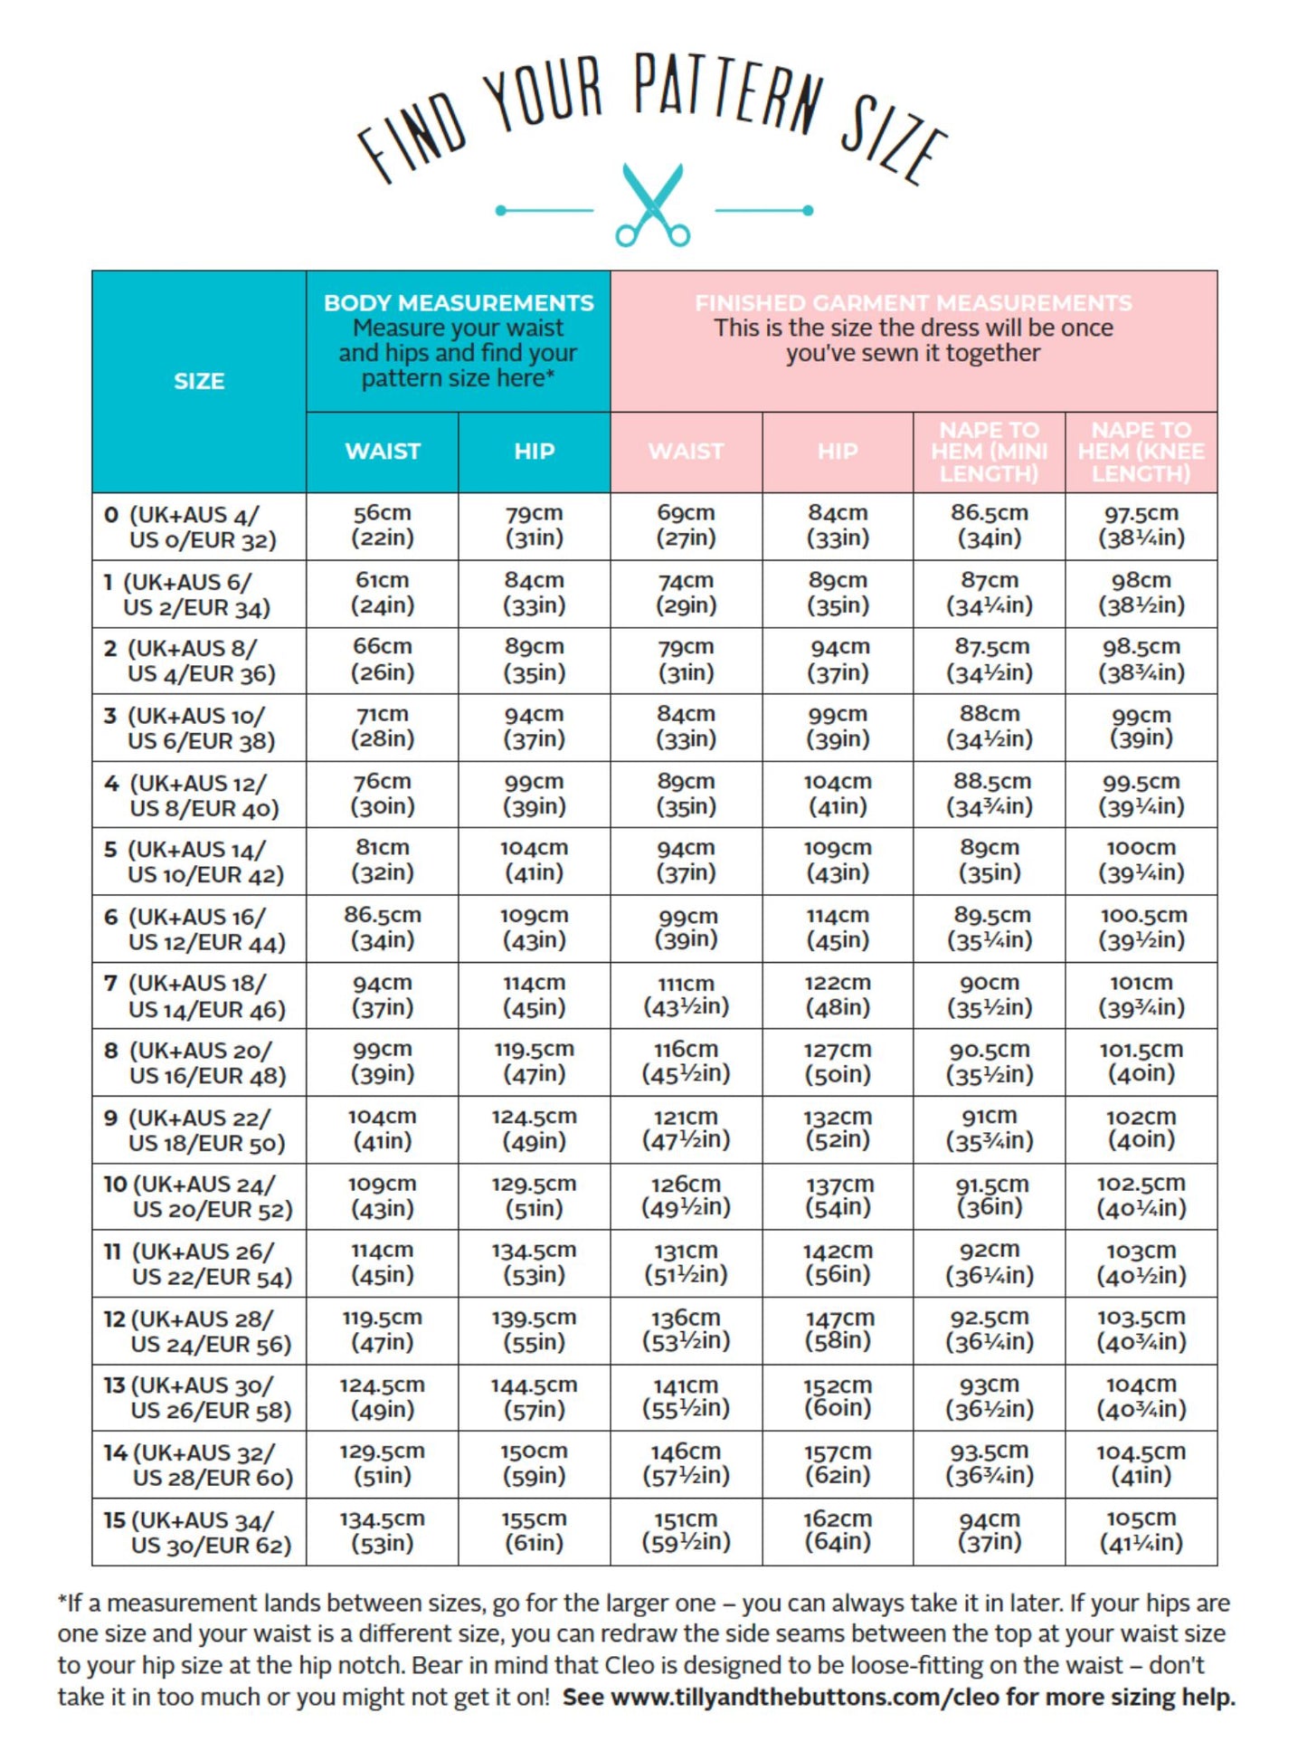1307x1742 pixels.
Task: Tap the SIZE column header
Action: (199, 381)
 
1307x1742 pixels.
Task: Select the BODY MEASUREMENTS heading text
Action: (459, 303)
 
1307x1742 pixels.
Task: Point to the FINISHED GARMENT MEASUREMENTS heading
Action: (913, 303)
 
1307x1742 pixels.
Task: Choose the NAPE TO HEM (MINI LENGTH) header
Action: (990, 452)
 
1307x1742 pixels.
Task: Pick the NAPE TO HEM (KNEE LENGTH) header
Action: (1141, 452)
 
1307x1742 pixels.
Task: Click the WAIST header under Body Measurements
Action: (383, 452)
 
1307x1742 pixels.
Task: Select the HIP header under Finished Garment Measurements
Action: (838, 452)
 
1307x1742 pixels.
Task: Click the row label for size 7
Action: (198, 996)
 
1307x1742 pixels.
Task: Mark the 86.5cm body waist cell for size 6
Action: (383, 928)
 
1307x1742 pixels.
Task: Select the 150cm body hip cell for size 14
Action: (535, 1464)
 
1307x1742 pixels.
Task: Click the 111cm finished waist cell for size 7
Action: (687, 995)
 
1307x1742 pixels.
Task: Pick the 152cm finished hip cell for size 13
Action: (838, 1397)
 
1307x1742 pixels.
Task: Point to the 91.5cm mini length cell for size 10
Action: (990, 1196)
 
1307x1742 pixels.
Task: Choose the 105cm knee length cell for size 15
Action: (1141, 1531)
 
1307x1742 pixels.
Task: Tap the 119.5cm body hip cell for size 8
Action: (535, 1061)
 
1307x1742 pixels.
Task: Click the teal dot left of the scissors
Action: (501, 210)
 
